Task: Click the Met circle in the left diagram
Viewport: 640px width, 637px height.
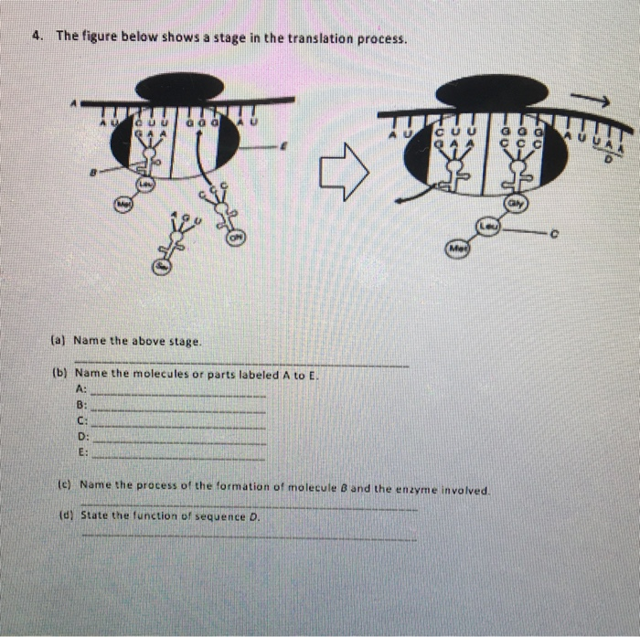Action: [124, 203]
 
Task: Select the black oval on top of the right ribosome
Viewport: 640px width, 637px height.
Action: [493, 90]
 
